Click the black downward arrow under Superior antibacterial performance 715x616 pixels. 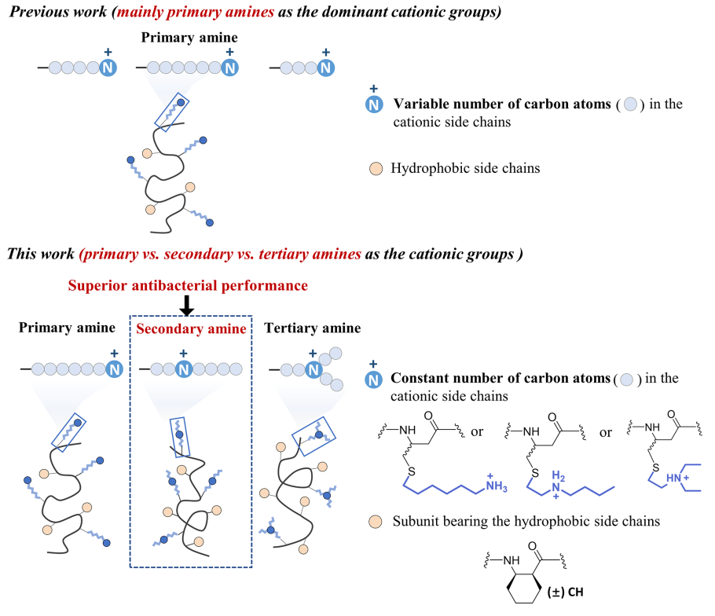pyautogui.click(x=186, y=306)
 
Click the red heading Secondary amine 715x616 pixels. pyautogui.click(x=191, y=328)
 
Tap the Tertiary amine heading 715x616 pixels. pyautogui.click(x=313, y=328)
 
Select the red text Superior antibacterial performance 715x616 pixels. pyautogui.click(x=188, y=285)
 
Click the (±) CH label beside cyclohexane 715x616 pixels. pyautogui.click(x=566, y=592)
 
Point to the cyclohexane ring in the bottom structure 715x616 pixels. pyautogui.click(x=524, y=587)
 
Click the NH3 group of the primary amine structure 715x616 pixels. pyautogui.click(x=496, y=484)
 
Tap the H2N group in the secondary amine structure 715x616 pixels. pyautogui.click(x=557, y=484)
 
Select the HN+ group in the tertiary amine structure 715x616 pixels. pyautogui.click(x=677, y=478)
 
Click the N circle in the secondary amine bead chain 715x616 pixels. pyautogui.click(x=184, y=368)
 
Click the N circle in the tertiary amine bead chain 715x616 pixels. pyautogui.click(x=313, y=369)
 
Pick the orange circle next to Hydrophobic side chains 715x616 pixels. pyautogui.click(x=376, y=169)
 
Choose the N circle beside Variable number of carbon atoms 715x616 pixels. pyautogui.click(x=374, y=104)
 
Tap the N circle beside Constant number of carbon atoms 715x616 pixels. pyautogui.click(x=373, y=379)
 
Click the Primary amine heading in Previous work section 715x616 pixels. pyautogui.click(x=189, y=38)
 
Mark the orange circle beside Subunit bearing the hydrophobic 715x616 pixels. pyautogui.click(x=376, y=522)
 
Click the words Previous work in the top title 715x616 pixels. pyautogui.click(x=58, y=12)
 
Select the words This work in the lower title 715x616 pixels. pyautogui.click(x=41, y=254)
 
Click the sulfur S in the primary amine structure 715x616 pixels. pyautogui.click(x=411, y=471)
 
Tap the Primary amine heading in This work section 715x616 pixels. pyautogui.click(x=67, y=328)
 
